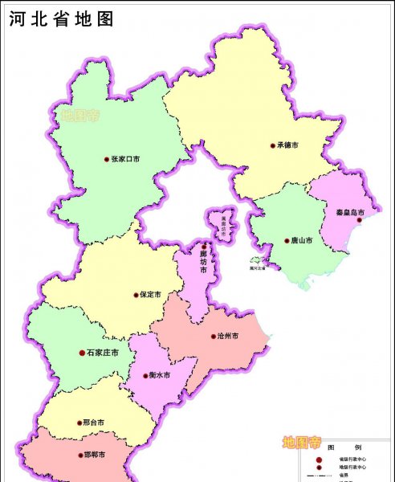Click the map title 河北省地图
click(x=61, y=18)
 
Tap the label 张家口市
click(x=125, y=159)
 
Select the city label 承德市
click(x=287, y=145)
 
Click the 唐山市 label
click(x=303, y=240)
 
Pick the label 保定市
click(x=150, y=295)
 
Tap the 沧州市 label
click(x=227, y=337)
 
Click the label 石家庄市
click(x=103, y=353)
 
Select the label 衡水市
click(x=160, y=375)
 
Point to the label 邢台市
click(x=94, y=422)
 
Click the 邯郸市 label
click(x=94, y=455)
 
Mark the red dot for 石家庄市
click(x=82, y=353)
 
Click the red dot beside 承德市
click(x=272, y=145)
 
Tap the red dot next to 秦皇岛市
click(x=360, y=220)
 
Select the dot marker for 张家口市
click(x=107, y=159)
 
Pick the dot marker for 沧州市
click(x=212, y=337)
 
